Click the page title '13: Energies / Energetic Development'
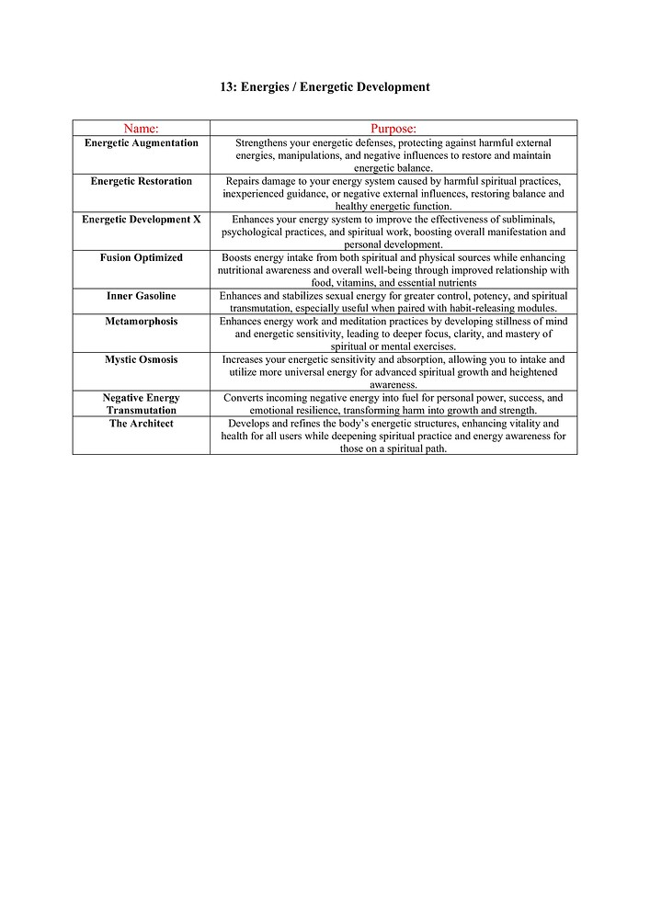click(x=325, y=87)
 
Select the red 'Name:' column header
click(x=141, y=129)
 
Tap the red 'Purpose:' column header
click(x=393, y=129)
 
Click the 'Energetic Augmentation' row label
click(x=141, y=143)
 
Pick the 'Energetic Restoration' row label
click(x=141, y=182)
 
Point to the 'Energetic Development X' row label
click(x=141, y=221)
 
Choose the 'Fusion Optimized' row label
click(x=141, y=258)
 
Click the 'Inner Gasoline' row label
click(x=141, y=297)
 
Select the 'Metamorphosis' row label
click(x=141, y=322)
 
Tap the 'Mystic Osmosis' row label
click(x=141, y=360)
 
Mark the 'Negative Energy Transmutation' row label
click(x=141, y=404)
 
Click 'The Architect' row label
click(x=141, y=424)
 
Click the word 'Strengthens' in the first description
click(x=262, y=143)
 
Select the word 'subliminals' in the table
click(x=527, y=221)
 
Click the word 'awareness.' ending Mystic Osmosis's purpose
click(x=393, y=385)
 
